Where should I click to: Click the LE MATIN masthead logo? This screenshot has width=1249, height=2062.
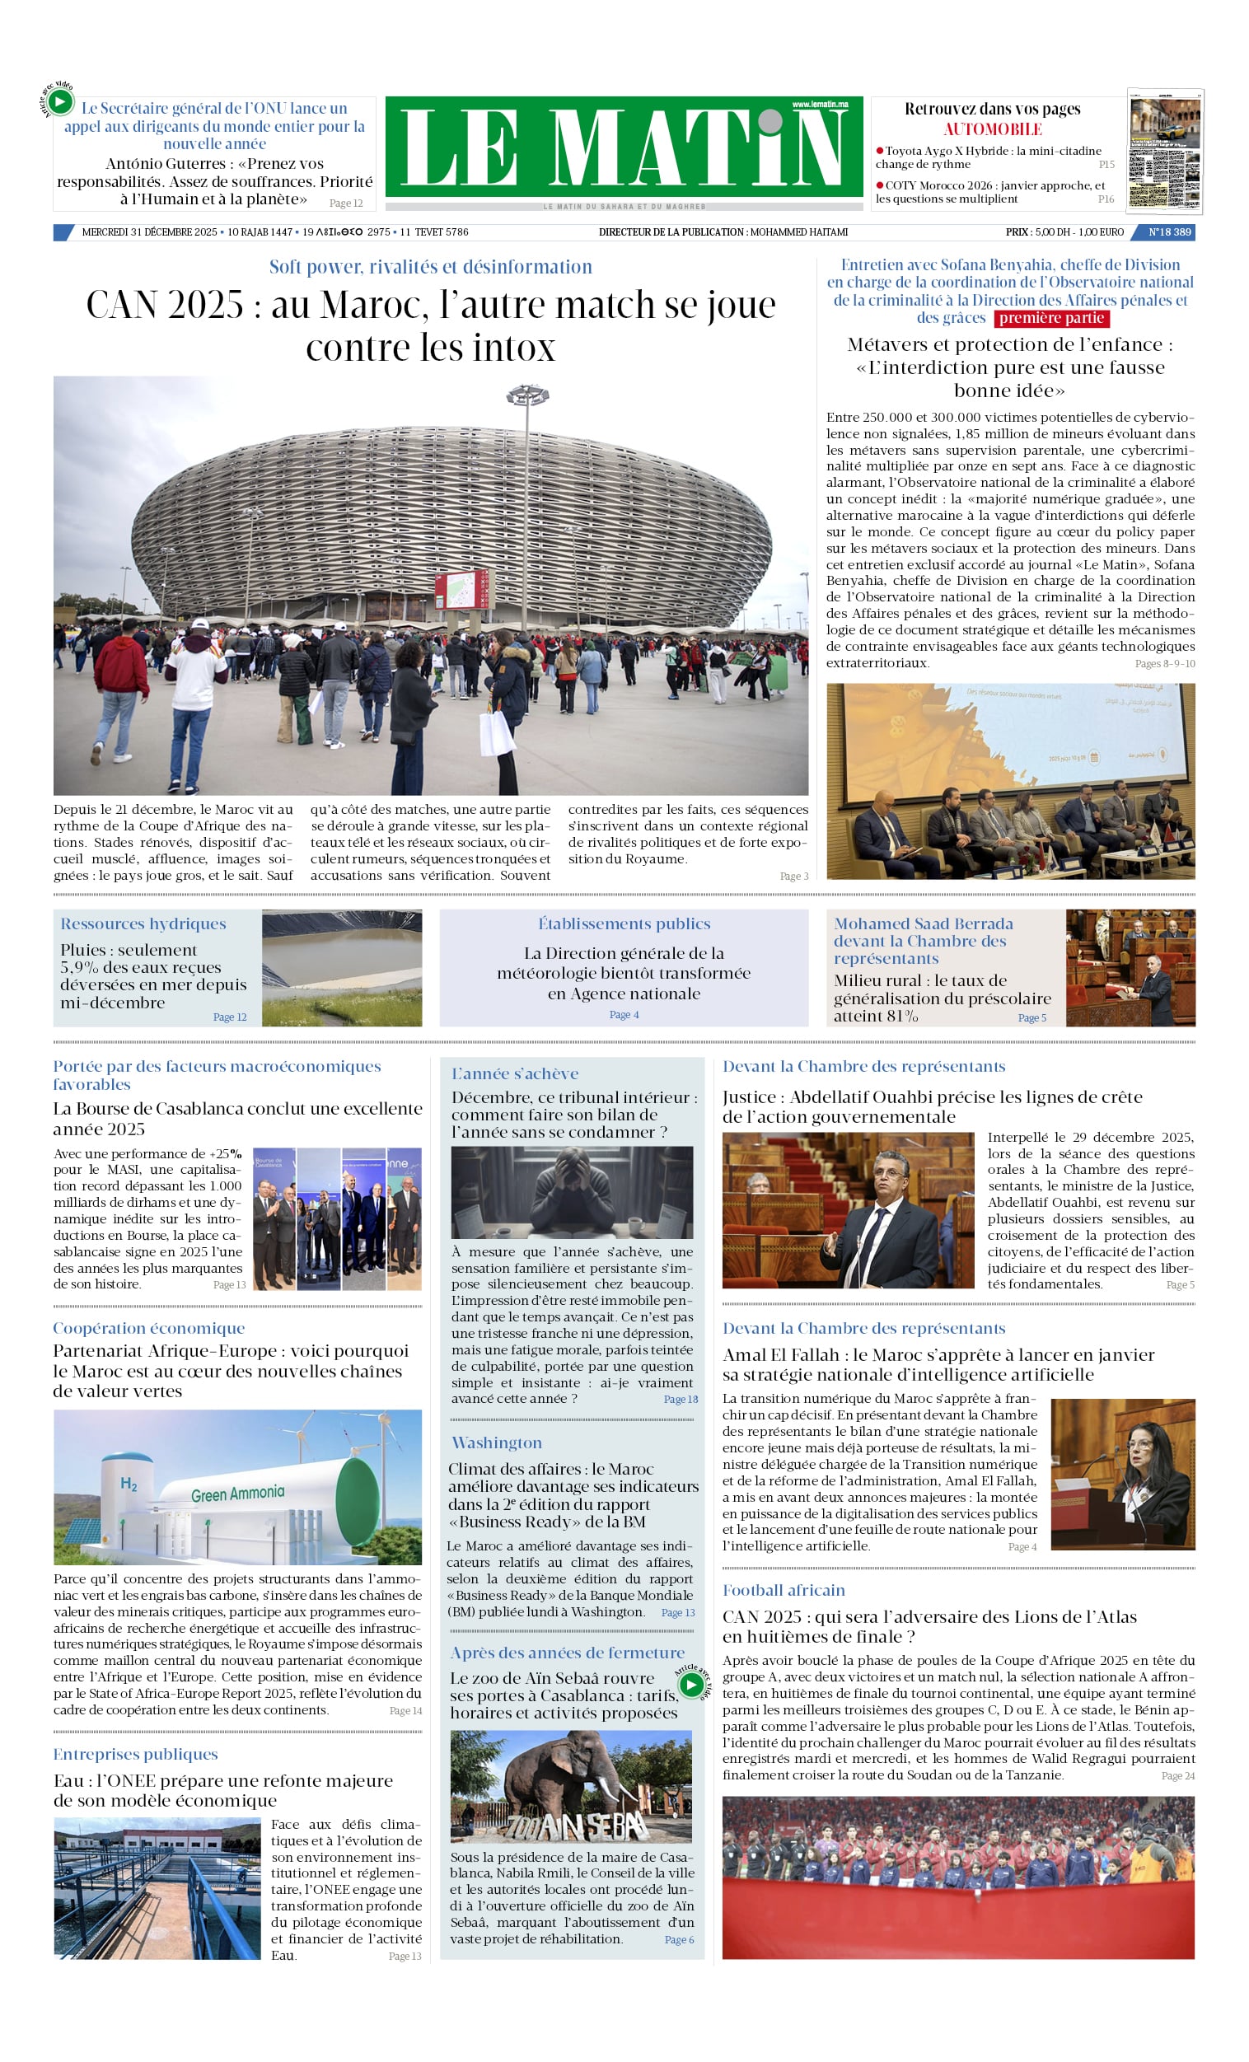pos(624,147)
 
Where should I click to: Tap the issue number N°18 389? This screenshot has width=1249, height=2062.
pos(1168,231)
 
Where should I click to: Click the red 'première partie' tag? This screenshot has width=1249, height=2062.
pos(1050,318)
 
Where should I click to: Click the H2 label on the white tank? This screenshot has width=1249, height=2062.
pos(128,1484)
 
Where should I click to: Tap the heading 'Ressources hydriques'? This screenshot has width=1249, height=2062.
pos(143,923)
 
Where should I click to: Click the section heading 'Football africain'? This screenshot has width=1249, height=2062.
pos(784,1590)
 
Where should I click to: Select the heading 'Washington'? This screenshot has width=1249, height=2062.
pos(497,1442)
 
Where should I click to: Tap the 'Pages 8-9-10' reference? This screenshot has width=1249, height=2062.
pos(1164,664)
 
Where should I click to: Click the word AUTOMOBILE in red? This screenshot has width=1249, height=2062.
pos(992,129)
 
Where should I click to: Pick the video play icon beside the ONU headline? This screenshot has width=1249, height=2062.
pos(59,102)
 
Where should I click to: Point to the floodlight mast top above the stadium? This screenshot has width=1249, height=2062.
pos(527,393)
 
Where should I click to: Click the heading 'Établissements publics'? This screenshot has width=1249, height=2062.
pos(624,923)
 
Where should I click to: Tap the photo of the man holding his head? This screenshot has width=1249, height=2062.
pos(572,1192)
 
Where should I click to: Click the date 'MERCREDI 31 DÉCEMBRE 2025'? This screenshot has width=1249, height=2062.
pos(149,231)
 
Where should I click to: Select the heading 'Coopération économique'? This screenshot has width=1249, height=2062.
pos(149,1328)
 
